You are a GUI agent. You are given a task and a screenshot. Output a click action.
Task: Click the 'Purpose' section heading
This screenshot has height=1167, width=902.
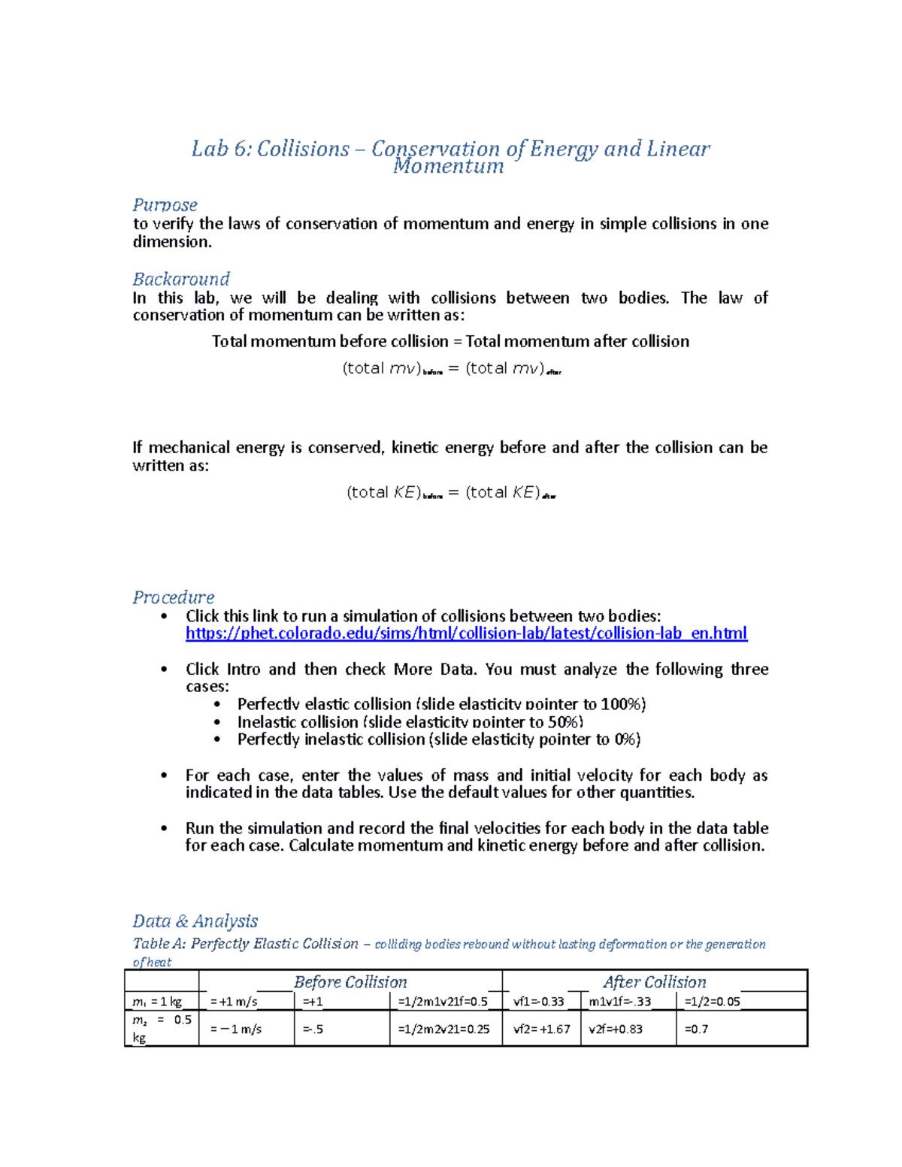point(165,205)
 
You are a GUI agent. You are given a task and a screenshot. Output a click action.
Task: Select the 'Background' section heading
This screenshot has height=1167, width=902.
point(181,279)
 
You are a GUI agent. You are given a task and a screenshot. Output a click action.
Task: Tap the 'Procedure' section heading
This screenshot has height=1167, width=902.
point(173,597)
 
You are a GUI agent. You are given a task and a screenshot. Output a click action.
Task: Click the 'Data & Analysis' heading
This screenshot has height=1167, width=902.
point(195,921)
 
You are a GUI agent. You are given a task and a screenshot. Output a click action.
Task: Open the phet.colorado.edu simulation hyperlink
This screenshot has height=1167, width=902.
point(466,633)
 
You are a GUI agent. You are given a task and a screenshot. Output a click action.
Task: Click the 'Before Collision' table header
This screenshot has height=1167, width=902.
point(350,982)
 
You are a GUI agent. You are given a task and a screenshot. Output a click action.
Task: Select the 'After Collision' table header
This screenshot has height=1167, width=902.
point(654,982)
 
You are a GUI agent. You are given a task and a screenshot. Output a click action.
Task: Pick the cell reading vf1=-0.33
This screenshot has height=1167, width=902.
point(539,1002)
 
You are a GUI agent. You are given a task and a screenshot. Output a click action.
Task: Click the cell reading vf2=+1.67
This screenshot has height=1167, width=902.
point(541,1029)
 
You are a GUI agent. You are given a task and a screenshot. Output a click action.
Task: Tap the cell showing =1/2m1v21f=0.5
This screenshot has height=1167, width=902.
point(443,1002)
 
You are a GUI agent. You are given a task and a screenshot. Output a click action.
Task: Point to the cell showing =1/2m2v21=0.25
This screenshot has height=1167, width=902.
point(443,1029)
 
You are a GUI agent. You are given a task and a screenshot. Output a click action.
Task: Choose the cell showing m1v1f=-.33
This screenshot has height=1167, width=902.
point(620,1002)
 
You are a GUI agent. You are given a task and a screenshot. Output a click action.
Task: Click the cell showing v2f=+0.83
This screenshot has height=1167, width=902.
point(616,1029)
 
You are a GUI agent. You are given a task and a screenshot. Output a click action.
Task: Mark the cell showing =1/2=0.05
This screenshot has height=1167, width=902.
point(712,1002)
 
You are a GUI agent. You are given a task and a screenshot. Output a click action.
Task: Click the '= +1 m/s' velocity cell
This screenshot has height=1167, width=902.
point(234,1002)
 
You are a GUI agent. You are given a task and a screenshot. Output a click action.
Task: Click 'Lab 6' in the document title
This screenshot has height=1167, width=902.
point(220,149)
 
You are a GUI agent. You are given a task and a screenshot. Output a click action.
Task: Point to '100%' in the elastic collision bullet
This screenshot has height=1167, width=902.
point(622,704)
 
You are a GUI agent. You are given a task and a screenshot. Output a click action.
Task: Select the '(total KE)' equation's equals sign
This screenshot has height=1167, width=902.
point(453,493)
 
